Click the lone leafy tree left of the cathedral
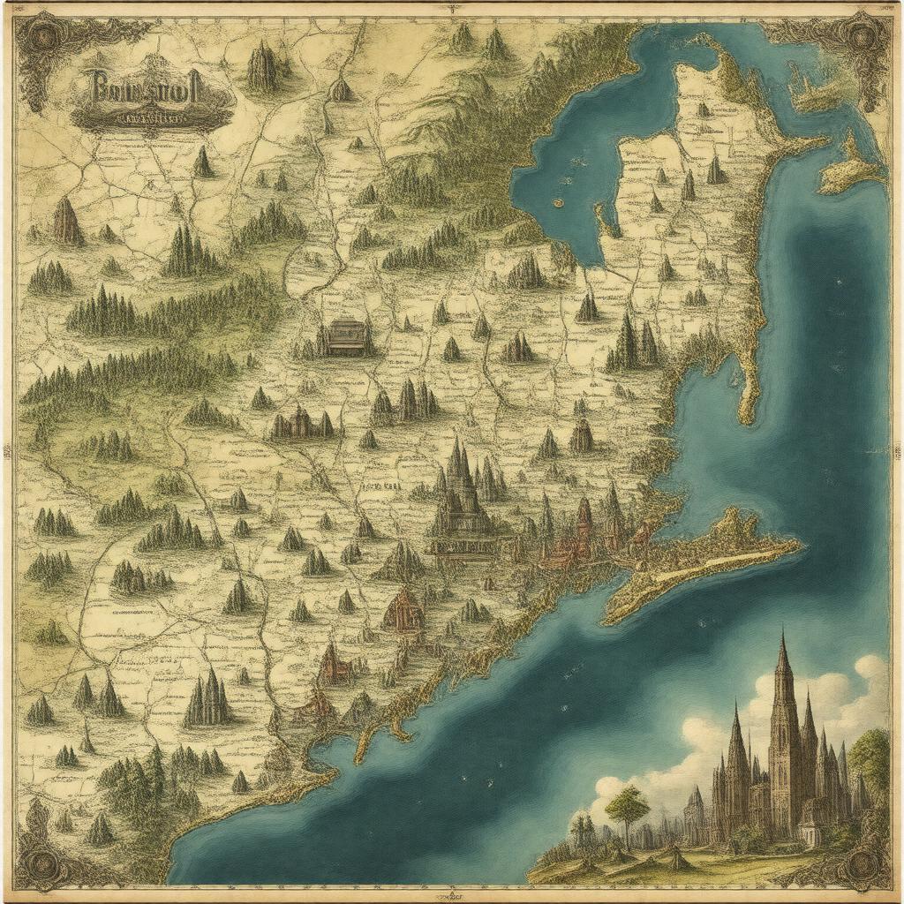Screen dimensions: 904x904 pos(628,803)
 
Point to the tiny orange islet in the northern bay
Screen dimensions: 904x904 pos(558,200)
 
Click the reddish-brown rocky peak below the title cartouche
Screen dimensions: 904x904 pos(67,222)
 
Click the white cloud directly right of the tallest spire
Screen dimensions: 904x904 pos(830,689)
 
